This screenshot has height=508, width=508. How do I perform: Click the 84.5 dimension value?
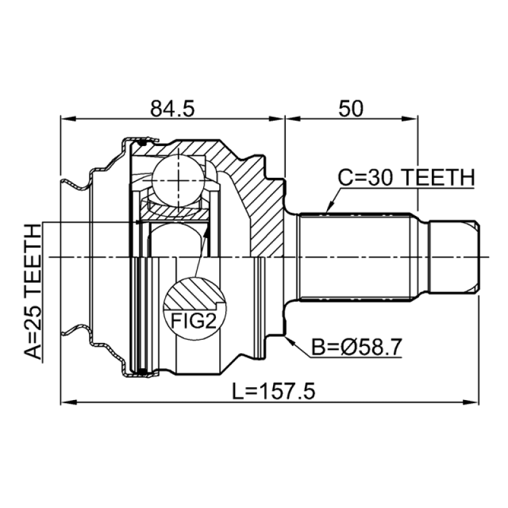coord(172,109)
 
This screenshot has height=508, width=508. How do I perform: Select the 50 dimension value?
coord(351,109)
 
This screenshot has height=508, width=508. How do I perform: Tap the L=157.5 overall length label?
coord(274,391)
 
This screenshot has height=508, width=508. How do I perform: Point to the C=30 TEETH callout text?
coord(406,178)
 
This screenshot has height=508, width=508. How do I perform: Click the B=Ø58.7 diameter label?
coord(356,347)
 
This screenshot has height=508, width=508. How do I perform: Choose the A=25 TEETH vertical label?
coord(34,291)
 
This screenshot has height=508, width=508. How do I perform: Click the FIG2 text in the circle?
coord(194,321)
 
